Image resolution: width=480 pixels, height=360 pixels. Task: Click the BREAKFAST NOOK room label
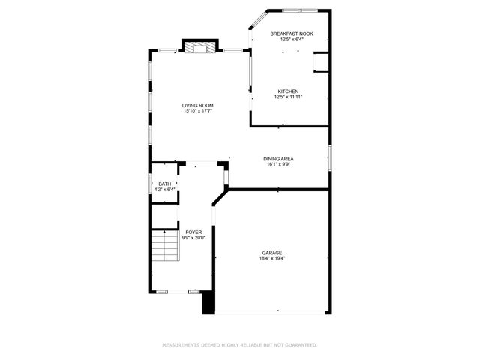(292, 34)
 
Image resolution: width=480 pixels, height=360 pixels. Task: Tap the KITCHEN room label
(288, 91)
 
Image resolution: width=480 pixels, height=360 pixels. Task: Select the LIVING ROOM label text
(198, 106)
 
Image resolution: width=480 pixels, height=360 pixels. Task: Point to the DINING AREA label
(277, 158)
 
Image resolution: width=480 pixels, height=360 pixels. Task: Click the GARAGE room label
(272, 253)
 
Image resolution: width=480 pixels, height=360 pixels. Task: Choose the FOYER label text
(193, 232)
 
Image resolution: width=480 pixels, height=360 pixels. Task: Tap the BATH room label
(164, 184)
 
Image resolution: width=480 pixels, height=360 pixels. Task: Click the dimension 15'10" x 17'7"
(198, 112)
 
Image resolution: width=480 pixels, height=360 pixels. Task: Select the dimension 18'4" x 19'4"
(272, 259)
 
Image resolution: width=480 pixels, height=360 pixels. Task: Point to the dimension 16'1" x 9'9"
(277, 164)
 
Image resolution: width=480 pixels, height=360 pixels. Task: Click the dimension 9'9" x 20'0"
(193, 238)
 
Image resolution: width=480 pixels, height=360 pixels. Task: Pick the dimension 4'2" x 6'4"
(164, 190)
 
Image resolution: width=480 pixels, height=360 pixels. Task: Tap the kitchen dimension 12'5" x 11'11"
(288, 97)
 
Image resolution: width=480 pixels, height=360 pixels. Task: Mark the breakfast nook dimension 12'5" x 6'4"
(292, 40)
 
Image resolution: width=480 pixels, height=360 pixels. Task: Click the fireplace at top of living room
(199, 47)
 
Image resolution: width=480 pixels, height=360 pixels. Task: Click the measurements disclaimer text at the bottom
(240, 345)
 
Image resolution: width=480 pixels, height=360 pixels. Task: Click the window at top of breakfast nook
(298, 10)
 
